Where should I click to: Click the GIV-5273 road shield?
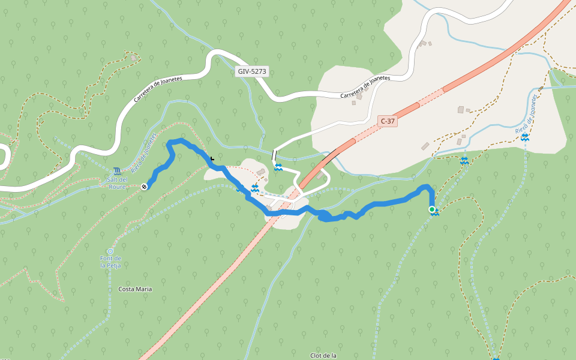[252, 71]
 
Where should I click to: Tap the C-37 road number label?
[388, 121]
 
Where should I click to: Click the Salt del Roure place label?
[117, 182]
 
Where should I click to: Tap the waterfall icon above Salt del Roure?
[116, 172]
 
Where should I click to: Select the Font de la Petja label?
[110, 262]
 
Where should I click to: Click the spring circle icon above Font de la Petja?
[110, 251]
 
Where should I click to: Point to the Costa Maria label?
[135, 289]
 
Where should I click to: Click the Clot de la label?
[323, 356]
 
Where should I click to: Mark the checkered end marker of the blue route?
[145, 187]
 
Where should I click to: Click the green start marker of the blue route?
[432, 209]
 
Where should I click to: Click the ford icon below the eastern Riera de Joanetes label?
[526, 138]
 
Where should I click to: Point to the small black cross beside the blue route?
[212, 158]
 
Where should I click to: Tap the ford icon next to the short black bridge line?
[278, 167]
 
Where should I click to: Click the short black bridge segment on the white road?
[274, 157]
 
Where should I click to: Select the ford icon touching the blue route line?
[256, 188]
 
